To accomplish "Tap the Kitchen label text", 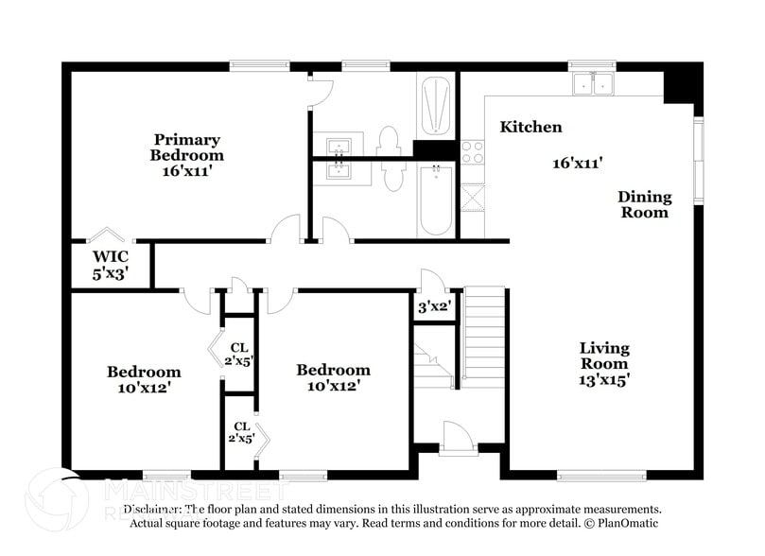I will click(x=530, y=127).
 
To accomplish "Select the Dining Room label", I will click(x=644, y=204).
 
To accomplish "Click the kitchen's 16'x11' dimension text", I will click(x=578, y=163).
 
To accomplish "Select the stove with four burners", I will click(x=472, y=152).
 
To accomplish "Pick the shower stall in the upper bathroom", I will click(x=435, y=104).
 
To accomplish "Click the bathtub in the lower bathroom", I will click(x=435, y=200).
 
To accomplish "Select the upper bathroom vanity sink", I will click(x=339, y=146).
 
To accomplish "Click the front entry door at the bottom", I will click(x=457, y=437).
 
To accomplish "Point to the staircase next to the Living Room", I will click(x=484, y=336).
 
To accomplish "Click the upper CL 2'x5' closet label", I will click(x=240, y=354).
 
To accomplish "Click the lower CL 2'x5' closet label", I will click(x=241, y=431).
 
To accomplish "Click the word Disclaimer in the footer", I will click(x=155, y=509).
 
